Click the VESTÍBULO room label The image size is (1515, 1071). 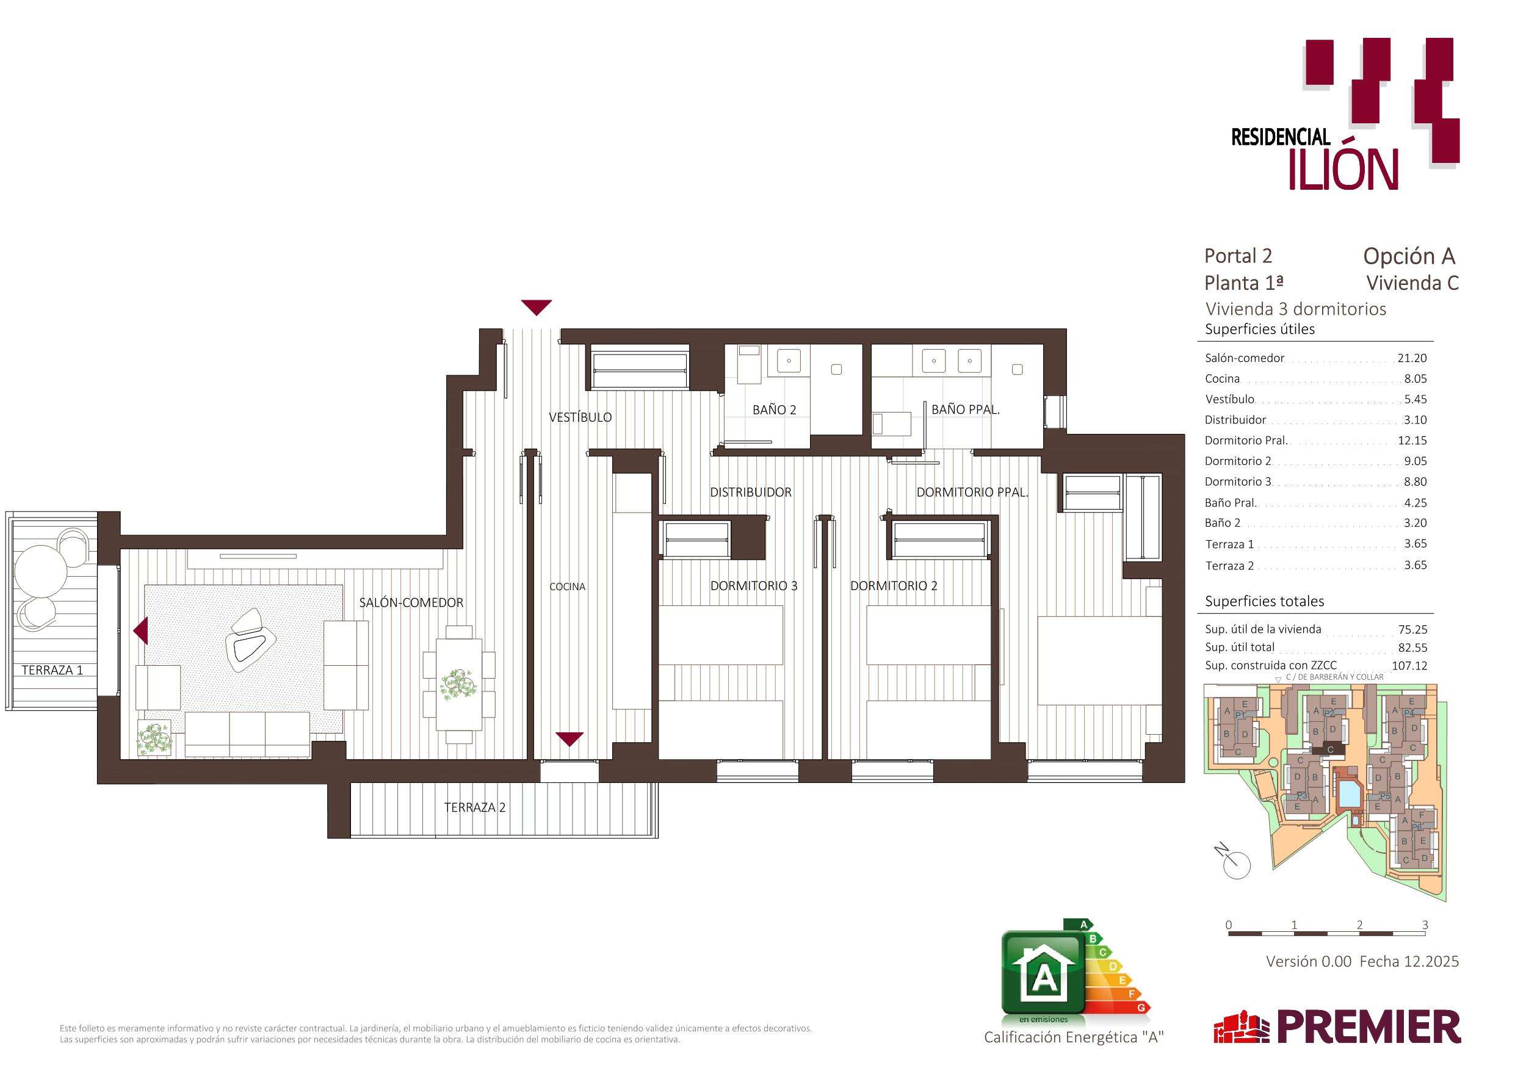[580, 417]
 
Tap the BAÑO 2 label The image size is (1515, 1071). [774, 410]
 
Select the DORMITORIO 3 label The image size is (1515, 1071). [754, 585]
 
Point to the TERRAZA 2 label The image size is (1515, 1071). [474, 807]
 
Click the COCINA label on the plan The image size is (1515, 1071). [568, 586]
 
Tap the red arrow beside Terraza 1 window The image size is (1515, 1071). [140, 631]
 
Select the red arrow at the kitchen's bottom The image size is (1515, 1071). [569, 739]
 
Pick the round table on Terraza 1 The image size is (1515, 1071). [41, 571]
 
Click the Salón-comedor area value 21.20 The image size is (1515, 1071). [1412, 358]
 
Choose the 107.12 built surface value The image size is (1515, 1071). [1409, 666]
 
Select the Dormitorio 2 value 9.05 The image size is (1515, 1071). [1416, 461]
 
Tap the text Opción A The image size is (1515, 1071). [1409, 256]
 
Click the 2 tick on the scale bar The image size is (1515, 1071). [1360, 925]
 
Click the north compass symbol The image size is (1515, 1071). [1233, 861]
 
